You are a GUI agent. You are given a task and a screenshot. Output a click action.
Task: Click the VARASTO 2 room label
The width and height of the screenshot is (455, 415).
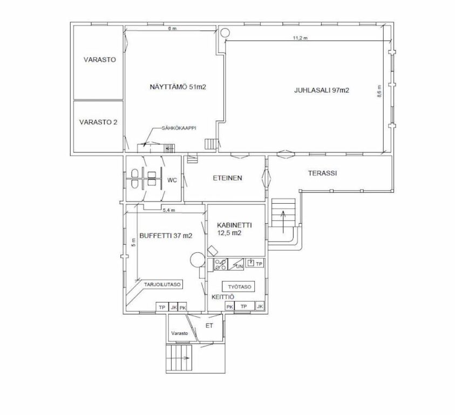pyautogui.click(x=98, y=122)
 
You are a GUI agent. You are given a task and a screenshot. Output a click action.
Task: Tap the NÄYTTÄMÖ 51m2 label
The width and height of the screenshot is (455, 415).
pyautogui.click(x=178, y=87)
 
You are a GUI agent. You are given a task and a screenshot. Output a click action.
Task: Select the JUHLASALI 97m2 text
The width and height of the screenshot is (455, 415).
pyautogui.click(x=322, y=90)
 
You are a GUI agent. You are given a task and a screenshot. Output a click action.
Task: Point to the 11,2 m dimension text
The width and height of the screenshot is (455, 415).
pyautogui.click(x=300, y=38)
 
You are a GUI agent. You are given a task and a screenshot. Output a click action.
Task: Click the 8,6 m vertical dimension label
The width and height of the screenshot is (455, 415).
pyautogui.click(x=379, y=91)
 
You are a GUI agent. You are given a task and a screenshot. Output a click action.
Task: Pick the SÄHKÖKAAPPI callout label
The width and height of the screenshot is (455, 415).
pyautogui.click(x=179, y=128)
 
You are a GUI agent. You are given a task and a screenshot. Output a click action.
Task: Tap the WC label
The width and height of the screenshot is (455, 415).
pyautogui.click(x=172, y=180)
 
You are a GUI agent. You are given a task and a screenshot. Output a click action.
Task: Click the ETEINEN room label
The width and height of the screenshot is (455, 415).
pyautogui.click(x=228, y=178)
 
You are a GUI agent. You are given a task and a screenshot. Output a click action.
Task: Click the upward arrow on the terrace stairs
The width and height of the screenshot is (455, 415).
pyautogui.click(x=283, y=222)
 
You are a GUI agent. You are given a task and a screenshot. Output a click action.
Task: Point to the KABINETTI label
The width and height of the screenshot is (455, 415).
pyautogui.click(x=234, y=225)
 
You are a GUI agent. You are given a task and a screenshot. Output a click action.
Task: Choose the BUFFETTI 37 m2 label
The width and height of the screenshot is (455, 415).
pyautogui.click(x=166, y=236)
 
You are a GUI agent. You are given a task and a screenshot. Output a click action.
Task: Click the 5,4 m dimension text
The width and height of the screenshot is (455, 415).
pyautogui.click(x=169, y=210)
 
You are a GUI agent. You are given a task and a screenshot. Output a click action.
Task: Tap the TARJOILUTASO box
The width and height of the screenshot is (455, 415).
pyautogui.click(x=162, y=285)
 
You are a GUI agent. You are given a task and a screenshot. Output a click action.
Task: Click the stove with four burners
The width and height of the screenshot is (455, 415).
pyautogui.click(x=221, y=264)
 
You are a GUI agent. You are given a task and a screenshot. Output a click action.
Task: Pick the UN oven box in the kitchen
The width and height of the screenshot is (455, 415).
pyautogui.click(x=236, y=264)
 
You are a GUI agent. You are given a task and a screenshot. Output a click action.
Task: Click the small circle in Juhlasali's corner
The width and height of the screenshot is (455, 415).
pyautogui.click(x=225, y=32)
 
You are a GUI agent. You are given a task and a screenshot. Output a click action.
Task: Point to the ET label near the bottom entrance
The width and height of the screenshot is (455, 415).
pyautogui.click(x=209, y=326)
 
